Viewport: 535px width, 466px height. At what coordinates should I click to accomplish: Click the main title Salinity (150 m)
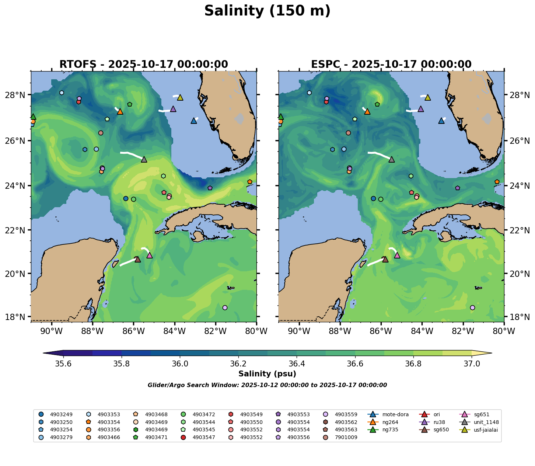(267, 11)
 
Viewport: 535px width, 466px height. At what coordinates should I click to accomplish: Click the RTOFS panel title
(144, 65)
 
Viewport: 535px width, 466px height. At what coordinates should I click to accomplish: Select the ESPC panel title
(391, 65)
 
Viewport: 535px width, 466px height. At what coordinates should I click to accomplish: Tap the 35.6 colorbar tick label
(63, 364)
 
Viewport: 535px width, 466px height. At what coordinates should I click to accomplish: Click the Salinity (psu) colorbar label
(267, 374)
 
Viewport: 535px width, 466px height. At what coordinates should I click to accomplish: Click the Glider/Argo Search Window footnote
(267, 385)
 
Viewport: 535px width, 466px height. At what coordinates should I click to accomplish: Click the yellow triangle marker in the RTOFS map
(180, 98)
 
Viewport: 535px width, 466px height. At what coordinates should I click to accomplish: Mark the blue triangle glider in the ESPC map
(441, 121)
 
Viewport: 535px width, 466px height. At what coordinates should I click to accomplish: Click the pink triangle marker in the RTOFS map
(150, 255)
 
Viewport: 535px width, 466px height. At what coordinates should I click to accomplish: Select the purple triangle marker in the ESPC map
(421, 109)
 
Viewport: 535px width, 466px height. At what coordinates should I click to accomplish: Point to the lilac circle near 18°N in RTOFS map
(225, 307)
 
